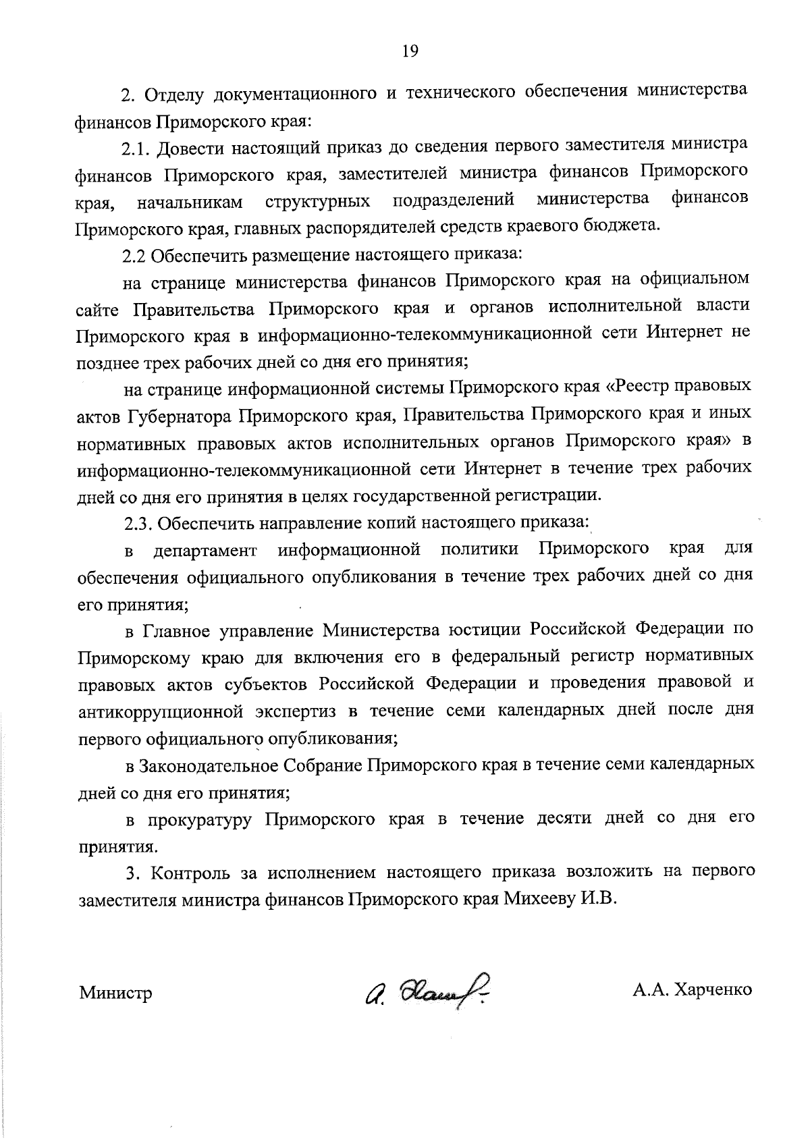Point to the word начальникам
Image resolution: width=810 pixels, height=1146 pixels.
pyautogui.click(x=190, y=201)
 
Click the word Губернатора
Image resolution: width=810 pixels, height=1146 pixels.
pyautogui.click(x=179, y=414)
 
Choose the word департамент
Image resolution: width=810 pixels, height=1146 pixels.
pyautogui.click(x=205, y=550)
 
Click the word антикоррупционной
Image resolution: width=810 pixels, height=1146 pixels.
pyautogui.click(x=161, y=711)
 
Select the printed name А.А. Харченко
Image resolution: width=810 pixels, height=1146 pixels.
pyautogui.click(x=692, y=991)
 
